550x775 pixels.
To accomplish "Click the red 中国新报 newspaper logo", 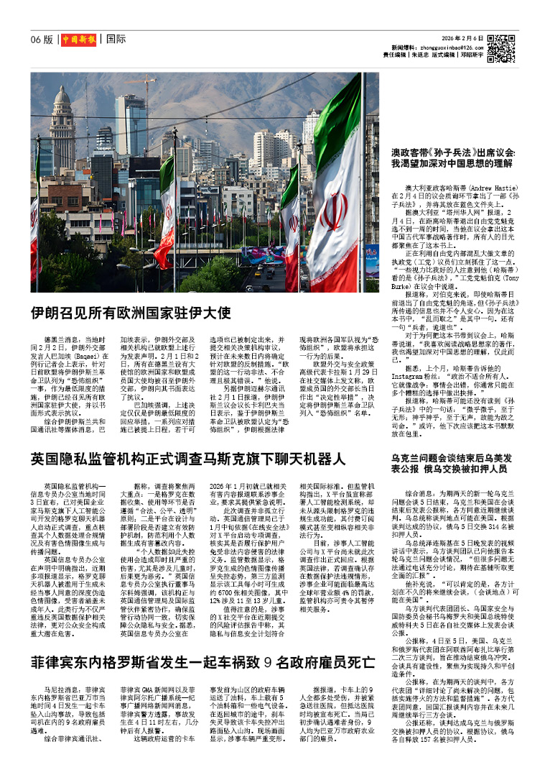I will click(x=78, y=39).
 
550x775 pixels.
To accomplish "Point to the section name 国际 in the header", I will click(x=116, y=39).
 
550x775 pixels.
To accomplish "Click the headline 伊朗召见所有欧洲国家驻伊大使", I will click(x=130, y=313).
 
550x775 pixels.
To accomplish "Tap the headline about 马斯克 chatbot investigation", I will click(x=188, y=458).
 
